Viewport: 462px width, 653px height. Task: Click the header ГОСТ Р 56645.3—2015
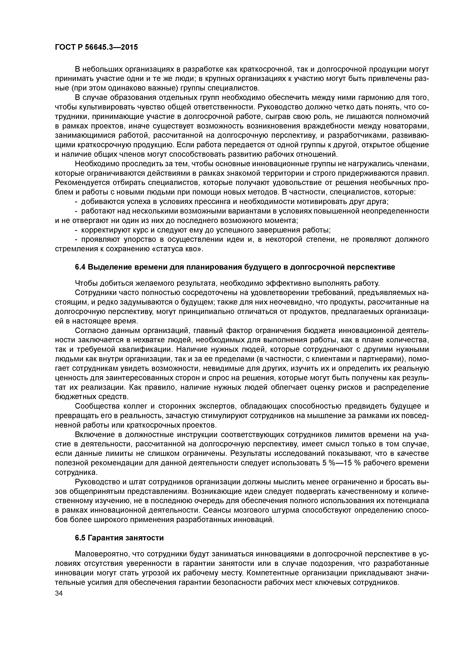click(96, 47)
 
